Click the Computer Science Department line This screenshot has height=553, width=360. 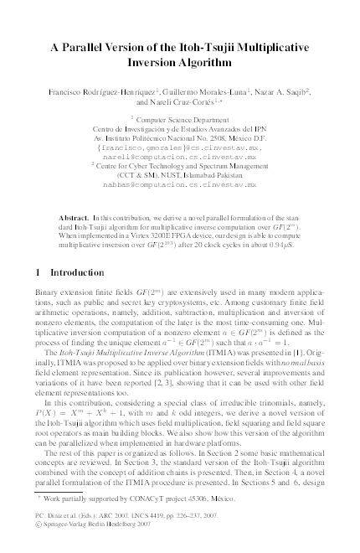click(x=180, y=121)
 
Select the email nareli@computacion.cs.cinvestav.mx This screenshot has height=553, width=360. click(x=180, y=157)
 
